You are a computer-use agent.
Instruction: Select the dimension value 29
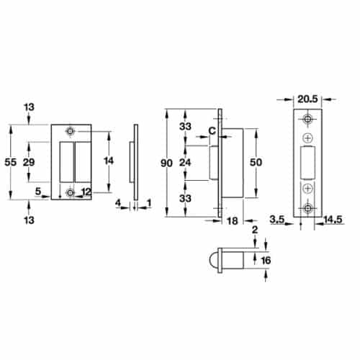(30, 163)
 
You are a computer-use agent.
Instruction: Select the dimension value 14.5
(332, 218)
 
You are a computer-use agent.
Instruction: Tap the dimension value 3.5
(277, 218)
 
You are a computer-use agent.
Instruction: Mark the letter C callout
(212, 130)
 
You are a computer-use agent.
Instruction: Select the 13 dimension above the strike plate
(29, 107)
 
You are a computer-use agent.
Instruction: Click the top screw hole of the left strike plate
(71, 132)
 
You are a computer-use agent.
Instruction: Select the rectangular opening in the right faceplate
(308, 163)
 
